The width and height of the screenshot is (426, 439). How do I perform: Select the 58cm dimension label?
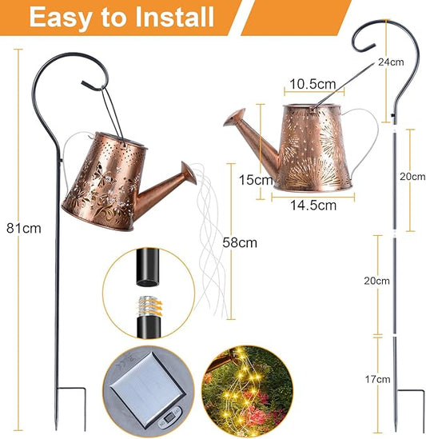(x=240, y=241)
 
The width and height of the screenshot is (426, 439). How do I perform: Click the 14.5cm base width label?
(x=309, y=205)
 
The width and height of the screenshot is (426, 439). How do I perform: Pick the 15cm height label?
(x=255, y=180)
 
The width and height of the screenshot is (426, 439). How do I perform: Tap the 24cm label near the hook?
(x=412, y=62)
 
